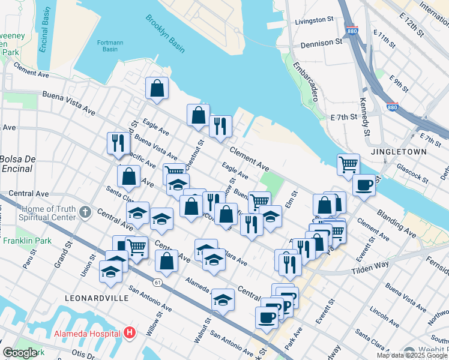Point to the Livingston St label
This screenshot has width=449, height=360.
(314, 20)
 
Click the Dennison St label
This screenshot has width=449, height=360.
(321, 43)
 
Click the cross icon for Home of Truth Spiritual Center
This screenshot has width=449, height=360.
(85, 212)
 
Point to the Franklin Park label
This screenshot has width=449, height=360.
(25, 241)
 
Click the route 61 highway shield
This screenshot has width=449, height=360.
(157, 281)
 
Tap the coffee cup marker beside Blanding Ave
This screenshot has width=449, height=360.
(364, 185)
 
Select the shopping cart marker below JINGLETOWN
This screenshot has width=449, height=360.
(348, 164)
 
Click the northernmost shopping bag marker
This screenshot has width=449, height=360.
(156, 88)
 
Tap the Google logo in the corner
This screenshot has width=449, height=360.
(20, 353)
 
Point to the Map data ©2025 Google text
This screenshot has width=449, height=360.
(411, 355)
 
